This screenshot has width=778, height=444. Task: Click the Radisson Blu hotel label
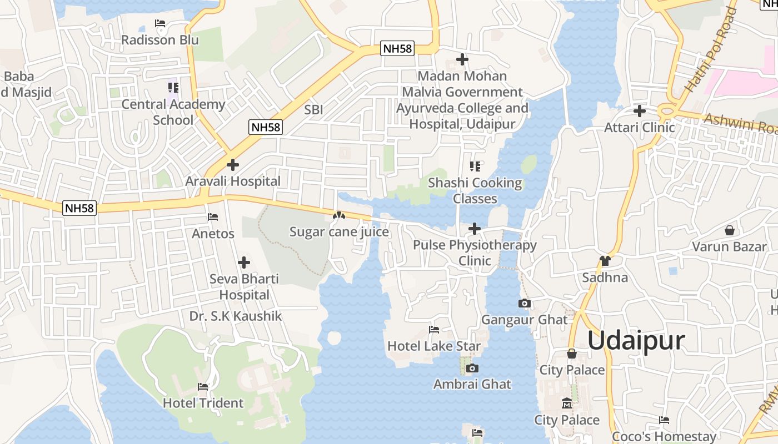[160, 40]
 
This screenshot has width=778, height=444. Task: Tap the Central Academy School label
[173, 112]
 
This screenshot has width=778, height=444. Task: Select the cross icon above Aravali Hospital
[233, 165]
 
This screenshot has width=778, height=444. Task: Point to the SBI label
[313, 110]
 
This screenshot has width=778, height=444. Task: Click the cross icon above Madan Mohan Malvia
[462, 59]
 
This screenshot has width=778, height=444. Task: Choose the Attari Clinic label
[640, 127]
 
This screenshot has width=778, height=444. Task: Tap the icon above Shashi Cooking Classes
[475, 166]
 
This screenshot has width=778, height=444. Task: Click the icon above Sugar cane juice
[338, 215]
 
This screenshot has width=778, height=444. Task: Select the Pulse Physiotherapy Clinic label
[475, 253]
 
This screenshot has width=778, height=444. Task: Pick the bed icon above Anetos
[213, 217]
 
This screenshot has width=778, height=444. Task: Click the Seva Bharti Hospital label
[244, 286]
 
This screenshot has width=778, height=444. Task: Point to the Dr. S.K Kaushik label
[236, 316]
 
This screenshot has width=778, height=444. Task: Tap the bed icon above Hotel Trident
[203, 387]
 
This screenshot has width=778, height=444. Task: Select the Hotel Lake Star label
[434, 346]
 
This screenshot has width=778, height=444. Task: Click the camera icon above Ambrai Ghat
[472, 368]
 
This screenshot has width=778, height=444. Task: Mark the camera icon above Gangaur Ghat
[524, 303]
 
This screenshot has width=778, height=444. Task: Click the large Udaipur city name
[636, 340]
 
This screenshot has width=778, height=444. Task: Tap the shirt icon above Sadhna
[605, 261]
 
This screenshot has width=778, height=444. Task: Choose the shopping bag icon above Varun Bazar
[729, 230]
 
